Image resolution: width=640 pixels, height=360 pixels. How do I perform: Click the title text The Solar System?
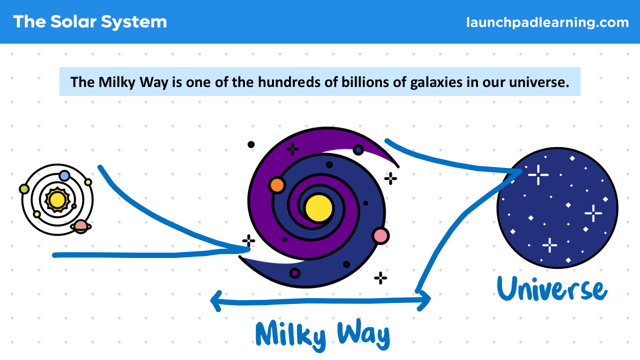[90, 22]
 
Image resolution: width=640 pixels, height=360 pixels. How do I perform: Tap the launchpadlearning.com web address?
[547, 22]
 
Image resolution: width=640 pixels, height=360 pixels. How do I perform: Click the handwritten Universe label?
[552, 288]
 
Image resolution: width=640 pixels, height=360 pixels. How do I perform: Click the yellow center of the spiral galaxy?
[319, 208]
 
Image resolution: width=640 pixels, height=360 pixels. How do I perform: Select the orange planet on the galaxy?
[277, 185]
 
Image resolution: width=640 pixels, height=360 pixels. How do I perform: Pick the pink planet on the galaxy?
[380, 236]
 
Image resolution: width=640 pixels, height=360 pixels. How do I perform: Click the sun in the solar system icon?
[57, 199]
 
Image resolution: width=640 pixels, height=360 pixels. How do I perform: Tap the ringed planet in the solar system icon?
[81, 227]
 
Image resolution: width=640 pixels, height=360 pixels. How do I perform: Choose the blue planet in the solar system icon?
[64, 175]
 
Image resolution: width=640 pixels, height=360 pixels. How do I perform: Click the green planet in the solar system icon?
[24, 189]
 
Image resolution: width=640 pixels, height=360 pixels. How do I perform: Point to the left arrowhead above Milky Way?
[216, 301]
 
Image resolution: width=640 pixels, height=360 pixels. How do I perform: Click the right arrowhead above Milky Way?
[423, 299]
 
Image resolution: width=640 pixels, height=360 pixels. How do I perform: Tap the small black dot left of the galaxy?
[251, 144]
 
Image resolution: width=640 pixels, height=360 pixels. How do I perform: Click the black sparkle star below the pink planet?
[380, 278]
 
